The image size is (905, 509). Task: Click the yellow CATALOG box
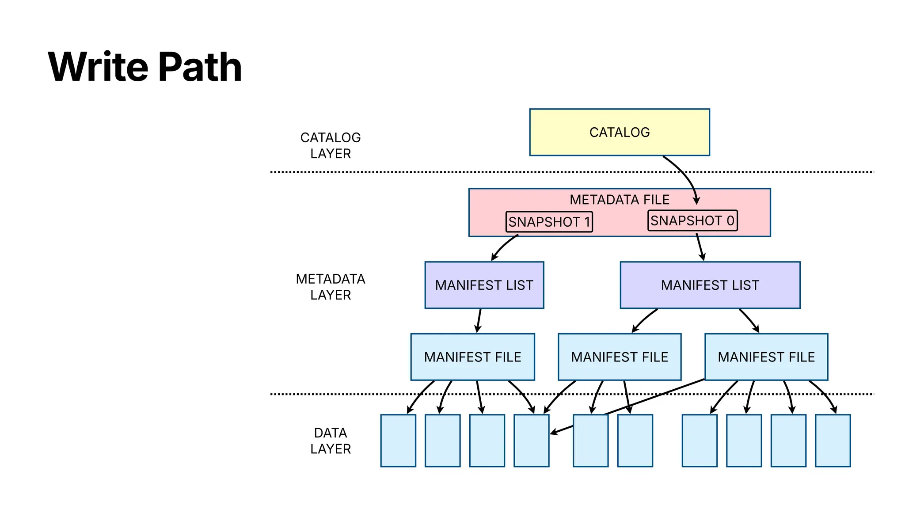[619, 132]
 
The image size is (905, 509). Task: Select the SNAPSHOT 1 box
[549, 222]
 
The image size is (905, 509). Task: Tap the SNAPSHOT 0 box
[692, 220]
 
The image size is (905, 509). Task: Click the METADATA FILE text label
[619, 200]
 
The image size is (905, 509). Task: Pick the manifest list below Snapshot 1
[484, 285]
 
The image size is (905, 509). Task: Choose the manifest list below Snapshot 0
[710, 285]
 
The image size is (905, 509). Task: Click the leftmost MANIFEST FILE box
[472, 357]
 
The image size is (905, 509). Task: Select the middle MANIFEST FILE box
[619, 357]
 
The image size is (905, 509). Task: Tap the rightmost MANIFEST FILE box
[766, 357]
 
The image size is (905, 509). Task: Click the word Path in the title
[200, 67]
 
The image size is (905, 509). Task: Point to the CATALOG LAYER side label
[331, 145]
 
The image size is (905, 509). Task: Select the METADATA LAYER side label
[331, 287]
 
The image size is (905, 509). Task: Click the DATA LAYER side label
[331, 441]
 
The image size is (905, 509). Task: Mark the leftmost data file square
[398, 441]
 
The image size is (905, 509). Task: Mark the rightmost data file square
[833, 441]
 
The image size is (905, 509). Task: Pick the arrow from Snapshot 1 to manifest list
[502, 247]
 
